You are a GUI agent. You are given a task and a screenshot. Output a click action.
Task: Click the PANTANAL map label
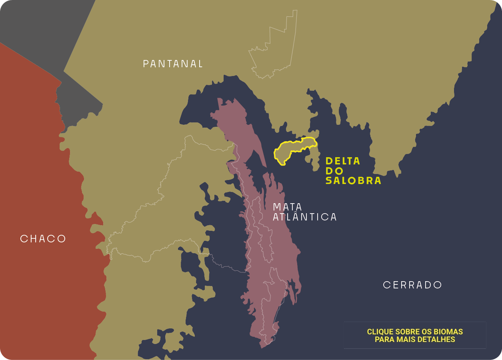(x=173, y=64)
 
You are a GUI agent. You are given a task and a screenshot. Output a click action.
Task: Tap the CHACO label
(x=43, y=239)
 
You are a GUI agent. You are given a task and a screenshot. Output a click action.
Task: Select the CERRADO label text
(x=412, y=285)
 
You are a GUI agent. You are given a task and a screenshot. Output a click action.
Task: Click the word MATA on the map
(x=287, y=207)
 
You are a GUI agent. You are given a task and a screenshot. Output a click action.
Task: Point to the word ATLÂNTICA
(x=304, y=217)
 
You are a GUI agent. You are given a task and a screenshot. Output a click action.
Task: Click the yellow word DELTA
(x=343, y=161)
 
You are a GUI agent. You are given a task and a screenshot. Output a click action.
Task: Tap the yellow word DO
(x=334, y=171)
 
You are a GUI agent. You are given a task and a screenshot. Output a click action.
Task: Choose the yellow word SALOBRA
(x=353, y=180)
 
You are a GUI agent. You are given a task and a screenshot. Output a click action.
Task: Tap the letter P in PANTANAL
(x=146, y=64)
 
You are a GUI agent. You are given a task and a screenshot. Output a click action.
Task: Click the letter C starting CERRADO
(x=386, y=285)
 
